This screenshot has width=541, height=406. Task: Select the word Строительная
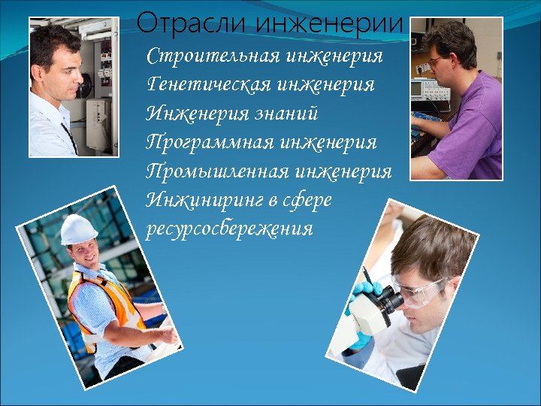click(x=212, y=57)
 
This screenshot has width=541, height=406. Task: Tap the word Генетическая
click(x=210, y=85)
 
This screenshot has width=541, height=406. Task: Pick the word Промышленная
click(x=217, y=171)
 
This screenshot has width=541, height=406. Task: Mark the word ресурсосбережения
click(x=229, y=229)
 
